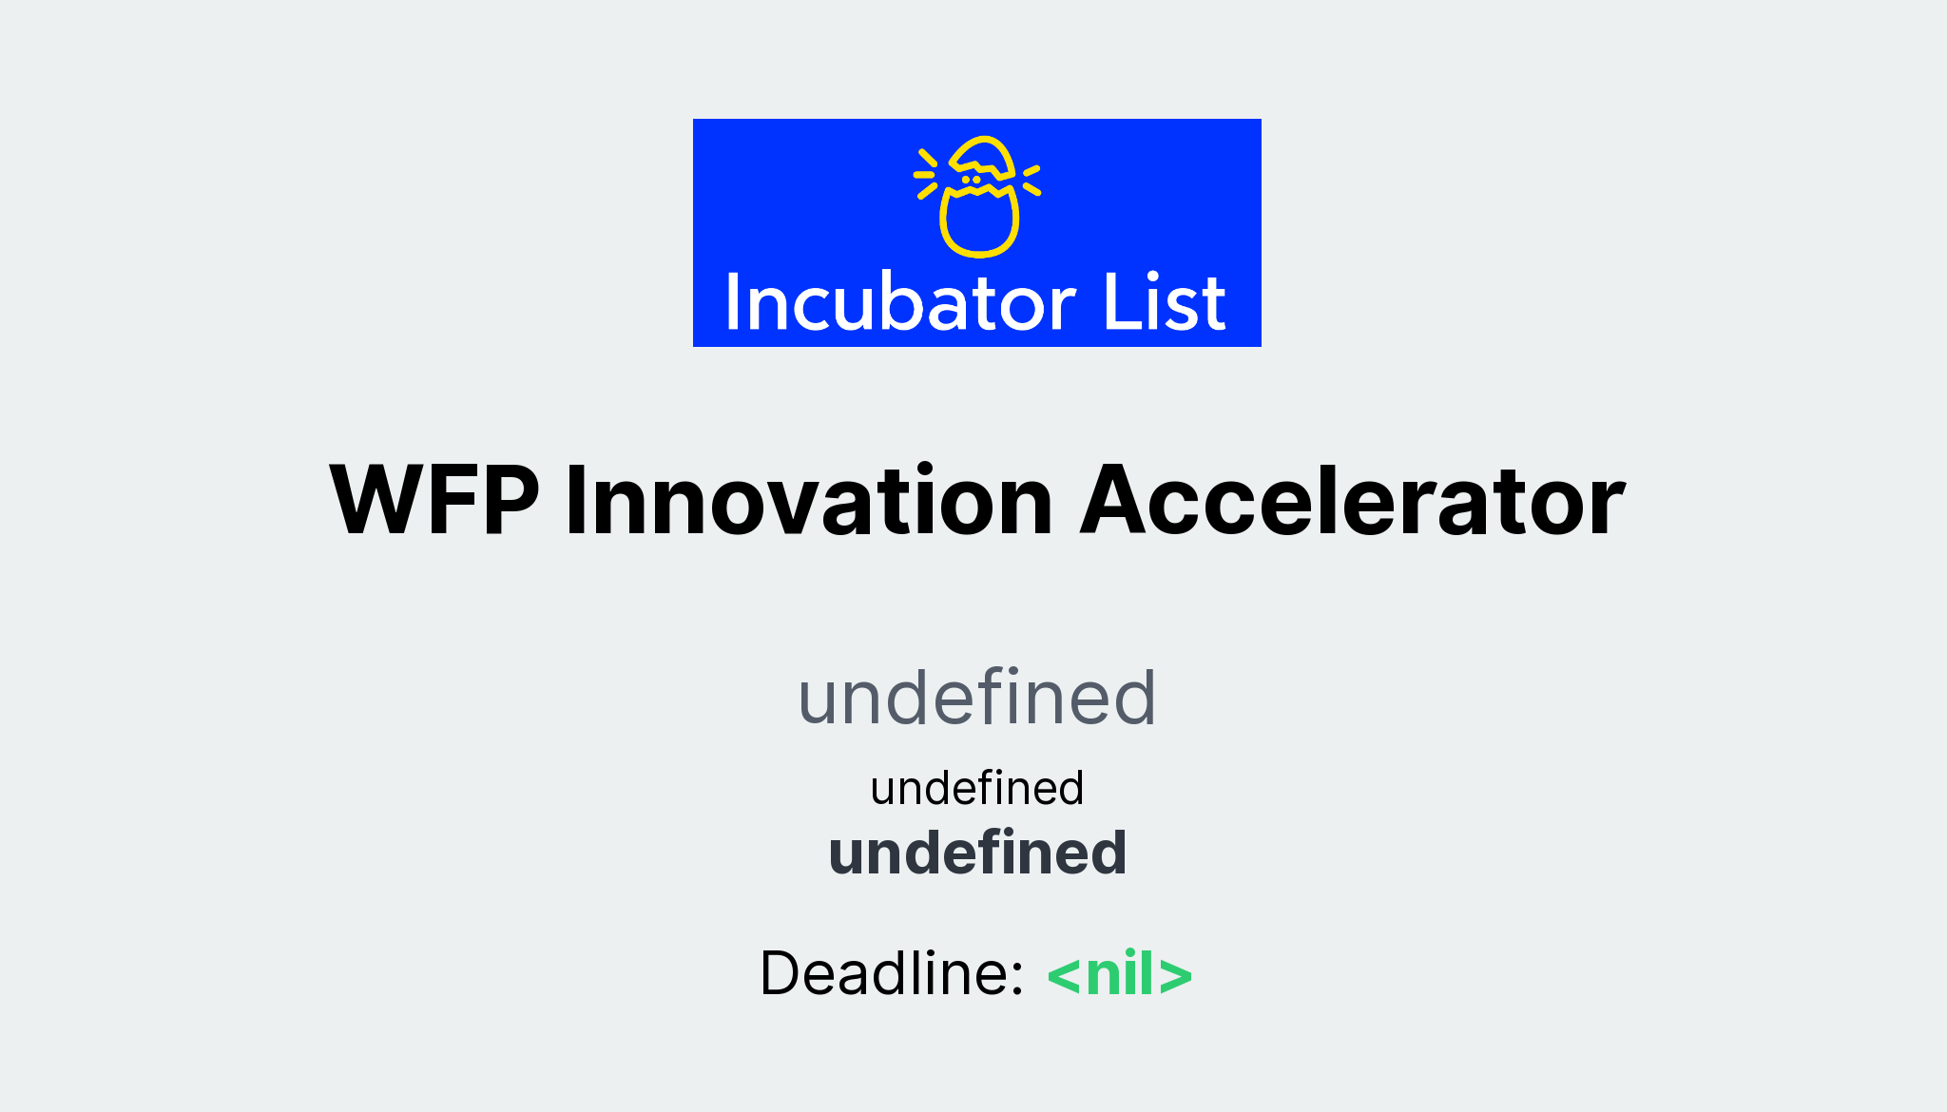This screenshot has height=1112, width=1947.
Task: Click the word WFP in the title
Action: coord(434,501)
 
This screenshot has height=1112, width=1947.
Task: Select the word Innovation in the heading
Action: coord(809,501)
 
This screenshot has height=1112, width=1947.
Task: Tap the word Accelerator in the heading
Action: coord(1352,501)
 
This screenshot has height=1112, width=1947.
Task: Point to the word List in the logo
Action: coord(1165,303)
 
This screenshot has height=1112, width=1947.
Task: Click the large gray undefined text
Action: coord(976,699)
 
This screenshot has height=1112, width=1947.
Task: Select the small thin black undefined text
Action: coord(976,789)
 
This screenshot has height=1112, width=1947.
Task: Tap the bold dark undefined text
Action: coord(977,853)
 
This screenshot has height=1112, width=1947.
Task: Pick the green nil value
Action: coord(1120,974)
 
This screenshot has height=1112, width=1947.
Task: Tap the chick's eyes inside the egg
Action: coord(971,180)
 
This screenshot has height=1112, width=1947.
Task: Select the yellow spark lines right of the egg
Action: coord(1031,180)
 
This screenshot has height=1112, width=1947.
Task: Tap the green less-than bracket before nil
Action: coord(1064,976)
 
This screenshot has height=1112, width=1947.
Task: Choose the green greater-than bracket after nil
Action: coord(1176,976)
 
